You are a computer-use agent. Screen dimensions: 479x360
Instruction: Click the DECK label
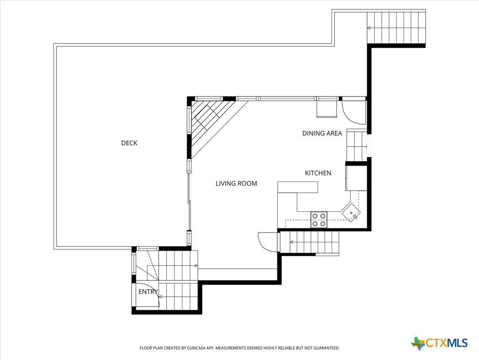[129, 143]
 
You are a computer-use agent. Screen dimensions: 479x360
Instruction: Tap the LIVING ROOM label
[236, 183]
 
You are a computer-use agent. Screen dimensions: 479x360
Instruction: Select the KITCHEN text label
[318, 173]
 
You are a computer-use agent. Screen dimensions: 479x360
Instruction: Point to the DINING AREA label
[322, 133]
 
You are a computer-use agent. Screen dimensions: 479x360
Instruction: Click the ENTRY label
[148, 292]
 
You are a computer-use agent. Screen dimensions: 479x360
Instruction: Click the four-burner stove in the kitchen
[319, 220]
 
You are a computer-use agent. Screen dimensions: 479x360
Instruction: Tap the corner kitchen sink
[351, 212]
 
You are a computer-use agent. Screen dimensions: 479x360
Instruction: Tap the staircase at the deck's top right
[396, 28]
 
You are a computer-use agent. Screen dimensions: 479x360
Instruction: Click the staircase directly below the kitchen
[310, 242]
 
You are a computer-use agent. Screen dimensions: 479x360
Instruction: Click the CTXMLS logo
[440, 343]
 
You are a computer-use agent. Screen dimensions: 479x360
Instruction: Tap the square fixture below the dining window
[327, 109]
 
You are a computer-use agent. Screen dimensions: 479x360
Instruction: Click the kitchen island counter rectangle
[298, 187]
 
